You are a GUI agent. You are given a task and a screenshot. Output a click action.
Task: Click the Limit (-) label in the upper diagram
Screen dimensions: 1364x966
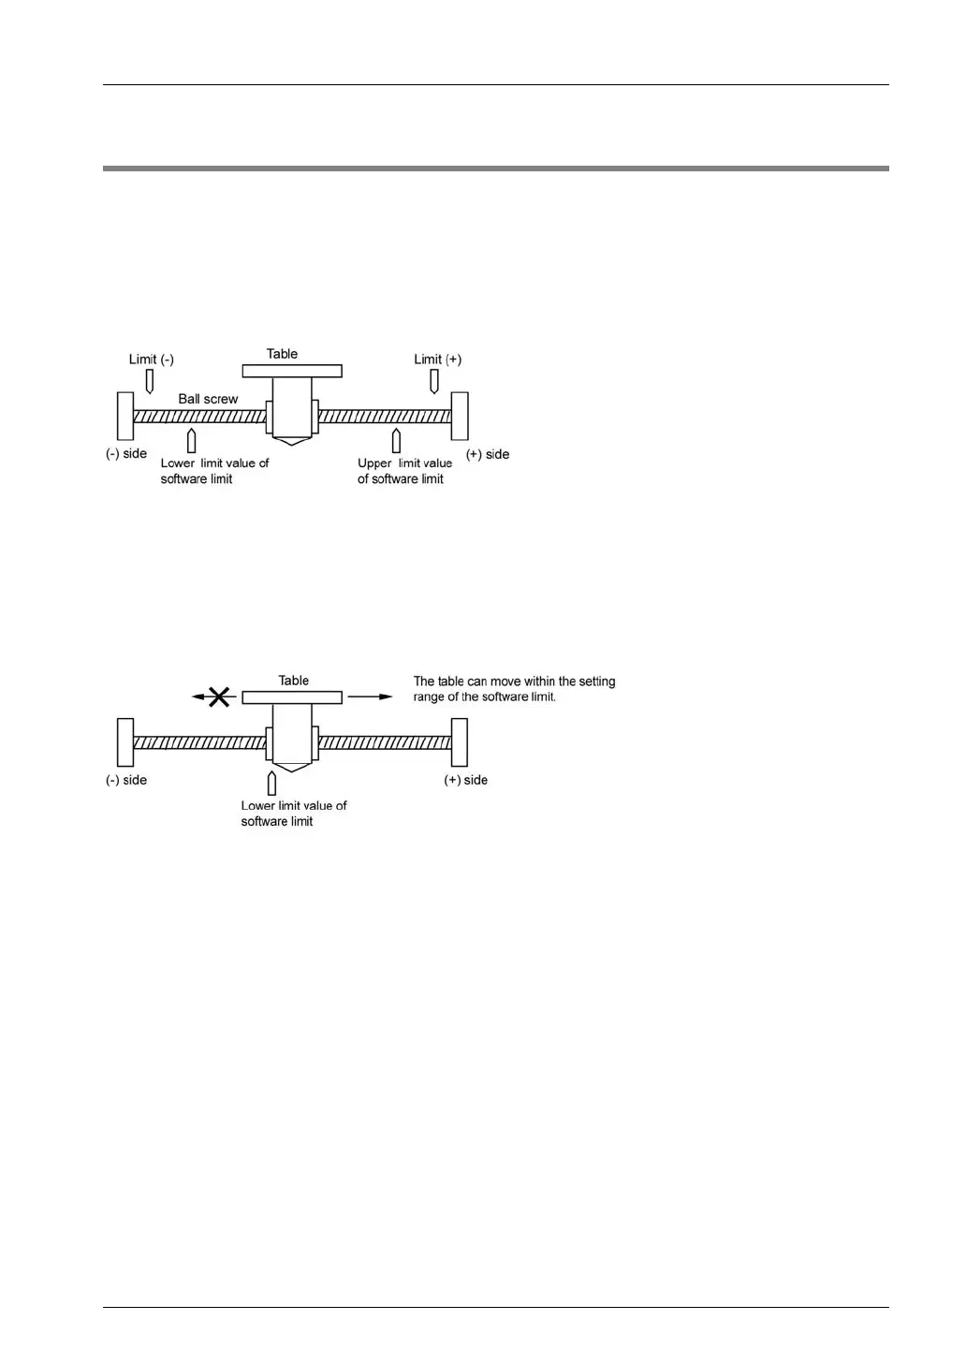click(x=151, y=359)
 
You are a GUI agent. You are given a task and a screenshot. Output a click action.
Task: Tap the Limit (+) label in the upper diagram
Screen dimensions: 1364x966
click(x=437, y=359)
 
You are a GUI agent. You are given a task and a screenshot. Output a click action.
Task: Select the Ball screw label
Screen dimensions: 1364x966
click(x=208, y=399)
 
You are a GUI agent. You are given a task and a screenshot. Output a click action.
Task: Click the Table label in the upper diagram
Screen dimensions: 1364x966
click(x=282, y=354)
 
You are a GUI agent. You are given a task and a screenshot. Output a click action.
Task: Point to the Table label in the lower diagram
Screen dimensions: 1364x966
click(x=293, y=681)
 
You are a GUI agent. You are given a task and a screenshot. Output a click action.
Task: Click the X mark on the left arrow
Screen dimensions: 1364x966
click(x=219, y=697)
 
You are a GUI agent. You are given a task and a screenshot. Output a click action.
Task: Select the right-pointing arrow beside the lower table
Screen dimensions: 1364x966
click(x=371, y=697)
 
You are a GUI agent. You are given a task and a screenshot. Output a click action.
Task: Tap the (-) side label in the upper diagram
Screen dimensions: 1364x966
click(x=126, y=454)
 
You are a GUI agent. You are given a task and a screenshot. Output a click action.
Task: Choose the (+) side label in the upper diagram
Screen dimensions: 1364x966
click(x=488, y=454)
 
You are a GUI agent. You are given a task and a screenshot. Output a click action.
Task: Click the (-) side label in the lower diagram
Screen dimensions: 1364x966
click(x=126, y=780)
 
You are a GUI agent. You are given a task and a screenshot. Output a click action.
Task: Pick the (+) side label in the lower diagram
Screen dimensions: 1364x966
click(x=465, y=780)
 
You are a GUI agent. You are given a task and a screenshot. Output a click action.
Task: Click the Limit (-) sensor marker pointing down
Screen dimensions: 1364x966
click(x=149, y=381)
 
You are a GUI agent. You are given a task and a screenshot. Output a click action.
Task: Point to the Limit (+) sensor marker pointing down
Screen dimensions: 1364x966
click(x=434, y=381)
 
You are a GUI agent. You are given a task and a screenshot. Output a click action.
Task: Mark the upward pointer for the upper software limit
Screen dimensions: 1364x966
click(x=396, y=440)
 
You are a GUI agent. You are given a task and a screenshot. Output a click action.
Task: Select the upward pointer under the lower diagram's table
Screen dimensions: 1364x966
click(x=271, y=783)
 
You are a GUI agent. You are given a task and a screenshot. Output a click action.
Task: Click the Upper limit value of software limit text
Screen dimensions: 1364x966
click(x=403, y=471)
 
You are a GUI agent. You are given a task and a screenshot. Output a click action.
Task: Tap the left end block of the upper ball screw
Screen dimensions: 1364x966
click(x=125, y=416)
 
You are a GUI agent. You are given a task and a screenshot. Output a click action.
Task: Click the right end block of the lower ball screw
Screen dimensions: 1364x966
click(x=459, y=742)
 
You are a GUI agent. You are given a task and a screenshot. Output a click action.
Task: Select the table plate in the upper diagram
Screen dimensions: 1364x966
click(x=292, y=371)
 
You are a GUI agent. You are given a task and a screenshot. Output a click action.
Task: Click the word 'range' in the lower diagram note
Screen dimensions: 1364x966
click(x=429, y=697)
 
